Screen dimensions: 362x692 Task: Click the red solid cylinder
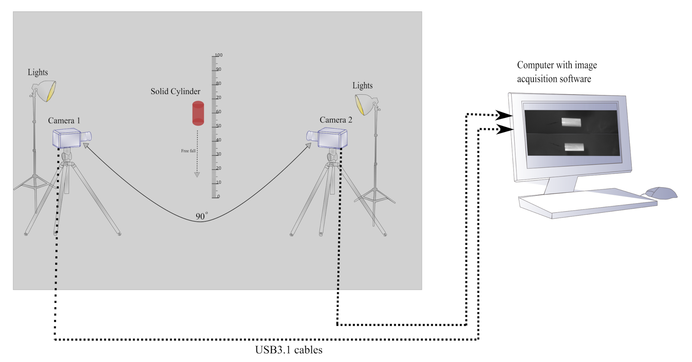pyautogui.click(x=198, y=113)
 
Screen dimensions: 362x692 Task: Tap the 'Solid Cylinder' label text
pyautogui.click(x=175, y=91)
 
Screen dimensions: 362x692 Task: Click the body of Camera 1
pyautogui.click(x=67, y=138)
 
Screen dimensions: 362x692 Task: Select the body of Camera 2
pyautogui.click(x=332, y=138)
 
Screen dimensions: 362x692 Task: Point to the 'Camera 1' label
pyautogui.click(x=64, y=120)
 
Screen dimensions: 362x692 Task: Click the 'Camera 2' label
pyautogui.click(x=335, y=120)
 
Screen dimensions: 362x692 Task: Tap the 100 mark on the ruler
pyautogui.click(x=218, y=55)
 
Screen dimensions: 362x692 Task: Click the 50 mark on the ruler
pyautogui.click(x=218, y=126)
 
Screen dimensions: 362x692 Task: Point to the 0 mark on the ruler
pyautogui.click(x=218, y=196)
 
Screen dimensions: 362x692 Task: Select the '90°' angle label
pyautogui.click(x=201, y=216)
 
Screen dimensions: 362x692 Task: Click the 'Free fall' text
pyautogui.click(x=188, y=151)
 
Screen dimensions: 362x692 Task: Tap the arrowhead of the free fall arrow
pyautogui.click(x=197, y=175)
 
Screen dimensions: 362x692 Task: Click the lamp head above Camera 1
pyautogui.click(x=45, y=91)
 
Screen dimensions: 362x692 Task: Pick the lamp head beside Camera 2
pyautogui.click(x=365, y=104)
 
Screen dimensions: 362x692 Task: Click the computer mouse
pyautogui.click(x=661, y=193)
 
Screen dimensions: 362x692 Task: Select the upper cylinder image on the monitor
pyautogui.click(x=571, y=122)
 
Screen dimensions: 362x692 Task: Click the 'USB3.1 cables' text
pyautogui.click(x=288, y=350)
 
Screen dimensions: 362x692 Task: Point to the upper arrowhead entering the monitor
pyautogui.click(x=504, y=115)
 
